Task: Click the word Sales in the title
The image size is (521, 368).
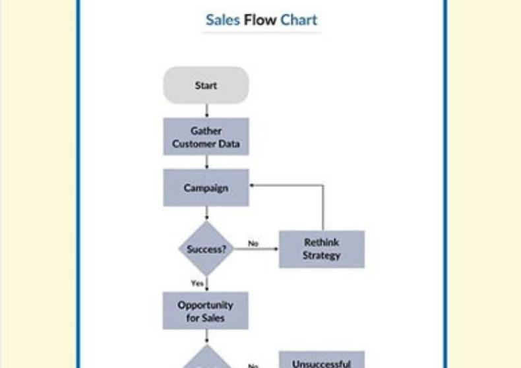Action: (x=222, y=20)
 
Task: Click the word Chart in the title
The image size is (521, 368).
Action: (x=299, y=20)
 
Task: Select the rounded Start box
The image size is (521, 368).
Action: (x=206, y=85)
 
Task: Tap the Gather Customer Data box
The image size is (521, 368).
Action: (x=206, y=137)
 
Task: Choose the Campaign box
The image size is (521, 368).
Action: (x=206, y=188)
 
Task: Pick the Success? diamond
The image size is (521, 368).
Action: (x=206, y=249)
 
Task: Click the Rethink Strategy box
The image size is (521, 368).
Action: (x=321, y=249)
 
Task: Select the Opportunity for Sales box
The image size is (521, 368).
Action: (x=206, y=311)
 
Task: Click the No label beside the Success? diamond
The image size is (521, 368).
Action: (x=253, y=243)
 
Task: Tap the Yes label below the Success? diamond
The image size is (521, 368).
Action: (x=197, y=283)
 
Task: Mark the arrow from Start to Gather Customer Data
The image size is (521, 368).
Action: (x=206, y=111)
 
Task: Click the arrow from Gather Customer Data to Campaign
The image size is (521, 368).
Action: (x=206, y=162)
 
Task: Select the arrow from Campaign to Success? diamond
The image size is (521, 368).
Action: (x=206, y=214)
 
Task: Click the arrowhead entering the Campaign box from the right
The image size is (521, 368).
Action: (x=253, y=185)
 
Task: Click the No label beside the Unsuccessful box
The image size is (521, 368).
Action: (x=253, y=363)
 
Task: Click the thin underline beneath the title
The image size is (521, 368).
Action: (x=260, y=32)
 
